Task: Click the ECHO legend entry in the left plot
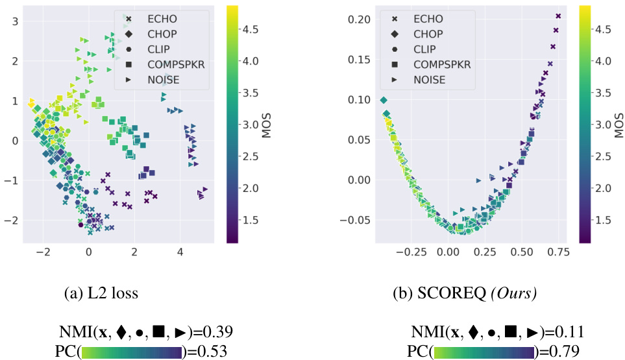(x=161, y=19)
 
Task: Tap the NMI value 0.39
(x=219, y=333)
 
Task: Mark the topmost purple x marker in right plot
(x=558, y=16)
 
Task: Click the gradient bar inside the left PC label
(x=132, y=352)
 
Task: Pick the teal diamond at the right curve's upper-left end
(x=384, y=100)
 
